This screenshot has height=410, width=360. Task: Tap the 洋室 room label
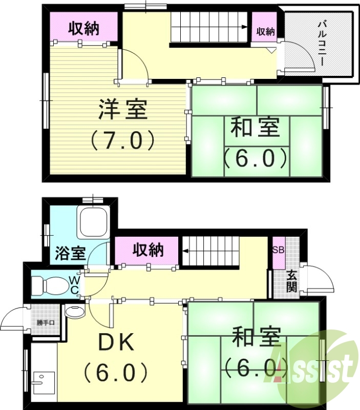(x=123, y=109)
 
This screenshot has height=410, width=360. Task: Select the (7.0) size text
(x=123, y=139)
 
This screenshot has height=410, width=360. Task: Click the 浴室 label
(x=70, y=253)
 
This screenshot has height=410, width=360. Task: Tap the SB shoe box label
(x=278, y=251)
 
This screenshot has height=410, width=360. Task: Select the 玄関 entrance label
(x=291, y=281)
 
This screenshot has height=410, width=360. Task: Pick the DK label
(x=116, y=342)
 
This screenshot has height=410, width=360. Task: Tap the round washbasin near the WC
(x=75, y=312)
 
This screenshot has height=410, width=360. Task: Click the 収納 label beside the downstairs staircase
(x=148, y=250)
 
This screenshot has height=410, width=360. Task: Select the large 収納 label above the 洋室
(x=84, y=29)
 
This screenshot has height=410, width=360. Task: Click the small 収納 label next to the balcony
(x=265, y=31)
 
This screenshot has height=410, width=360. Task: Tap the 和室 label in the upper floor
(x=255, y=127)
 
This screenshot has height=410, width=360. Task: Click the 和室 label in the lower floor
(x=256, y=339)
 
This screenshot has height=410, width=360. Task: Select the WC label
(x=74, y=285)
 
